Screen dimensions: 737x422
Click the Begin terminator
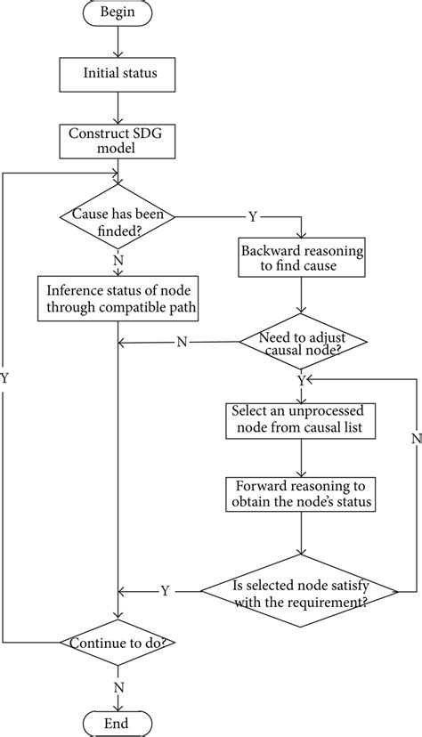[118, 14]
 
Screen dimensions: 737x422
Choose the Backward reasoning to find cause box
[303, 259]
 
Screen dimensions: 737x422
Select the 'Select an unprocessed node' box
[303, 419]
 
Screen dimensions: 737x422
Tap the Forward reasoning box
[303, 493]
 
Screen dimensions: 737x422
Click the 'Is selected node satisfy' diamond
[303, 591]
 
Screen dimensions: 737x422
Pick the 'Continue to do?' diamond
[118, 642]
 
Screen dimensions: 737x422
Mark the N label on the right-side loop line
[415, 439]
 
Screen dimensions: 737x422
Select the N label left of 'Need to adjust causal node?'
[182, 343]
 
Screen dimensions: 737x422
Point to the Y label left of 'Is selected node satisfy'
[166, 590]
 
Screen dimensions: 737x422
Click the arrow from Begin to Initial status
[118, 43]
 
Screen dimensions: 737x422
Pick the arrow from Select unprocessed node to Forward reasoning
[303, 458]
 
